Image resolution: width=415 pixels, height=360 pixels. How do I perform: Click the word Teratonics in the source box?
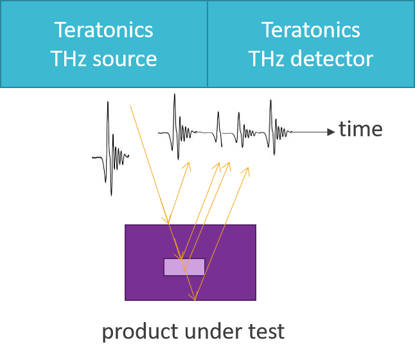[x=103, y=30]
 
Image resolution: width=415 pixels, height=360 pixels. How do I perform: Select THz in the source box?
[x=67, y=59]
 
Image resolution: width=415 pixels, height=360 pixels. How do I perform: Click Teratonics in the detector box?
[x=310, y=30]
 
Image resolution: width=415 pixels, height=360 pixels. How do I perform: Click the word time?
[x=360, y=129]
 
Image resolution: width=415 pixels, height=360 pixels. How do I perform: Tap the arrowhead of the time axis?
[x=331, y=131]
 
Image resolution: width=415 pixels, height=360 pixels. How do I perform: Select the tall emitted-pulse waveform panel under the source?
[x=110, y=152]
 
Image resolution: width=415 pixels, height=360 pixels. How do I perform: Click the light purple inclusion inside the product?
[x=184, y=267]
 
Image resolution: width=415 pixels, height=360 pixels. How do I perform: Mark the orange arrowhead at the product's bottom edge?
[x=192, y=298]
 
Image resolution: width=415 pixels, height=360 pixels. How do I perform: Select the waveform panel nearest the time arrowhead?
[x=273, y=129]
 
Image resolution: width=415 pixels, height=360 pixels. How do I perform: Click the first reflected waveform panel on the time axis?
[x=177, y=129]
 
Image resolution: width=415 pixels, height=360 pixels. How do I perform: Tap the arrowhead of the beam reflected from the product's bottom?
[x=247, y=170]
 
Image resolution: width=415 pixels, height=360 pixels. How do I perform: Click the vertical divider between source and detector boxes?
[x=207, y=44]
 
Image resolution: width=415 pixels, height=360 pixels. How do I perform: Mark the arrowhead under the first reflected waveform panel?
[x=188, y=165]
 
